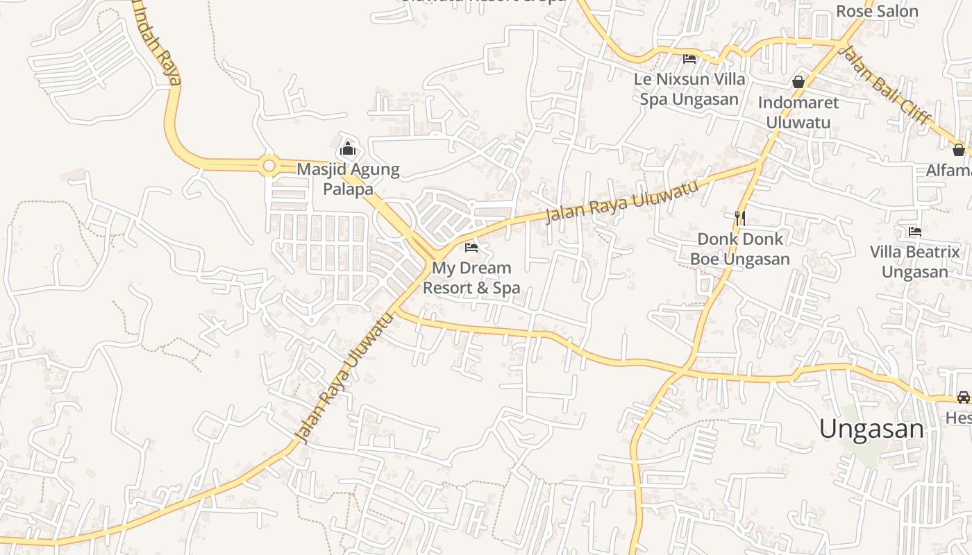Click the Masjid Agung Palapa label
[x=348, y=179]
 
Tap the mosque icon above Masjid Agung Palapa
[x=348, y=149]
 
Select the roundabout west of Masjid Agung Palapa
[x=269, y=166]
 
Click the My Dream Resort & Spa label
[x=471, y=277]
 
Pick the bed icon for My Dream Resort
[x=471, y=248]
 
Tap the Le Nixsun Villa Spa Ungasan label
[x=689, y=89]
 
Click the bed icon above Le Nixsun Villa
[x=689, y=59]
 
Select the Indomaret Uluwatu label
[x=798, y=112]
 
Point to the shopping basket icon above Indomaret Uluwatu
[x=798, y=82]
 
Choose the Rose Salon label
[x=877, y=11]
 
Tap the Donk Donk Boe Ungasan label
[x=740, y=249]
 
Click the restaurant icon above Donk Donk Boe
[x=740, y=219]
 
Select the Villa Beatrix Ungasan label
[x=915, y=262]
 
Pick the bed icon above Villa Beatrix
[x=915, y=232]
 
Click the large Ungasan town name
[x=871, y=429]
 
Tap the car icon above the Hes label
[x=964, y=398]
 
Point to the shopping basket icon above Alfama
[x=959, y=150]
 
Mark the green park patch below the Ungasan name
[x=864, y=451]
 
